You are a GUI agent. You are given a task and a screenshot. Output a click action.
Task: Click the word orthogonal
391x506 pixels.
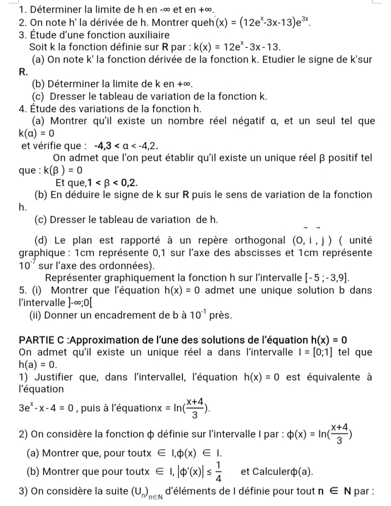pyautogui.click(x=252, y=241)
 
